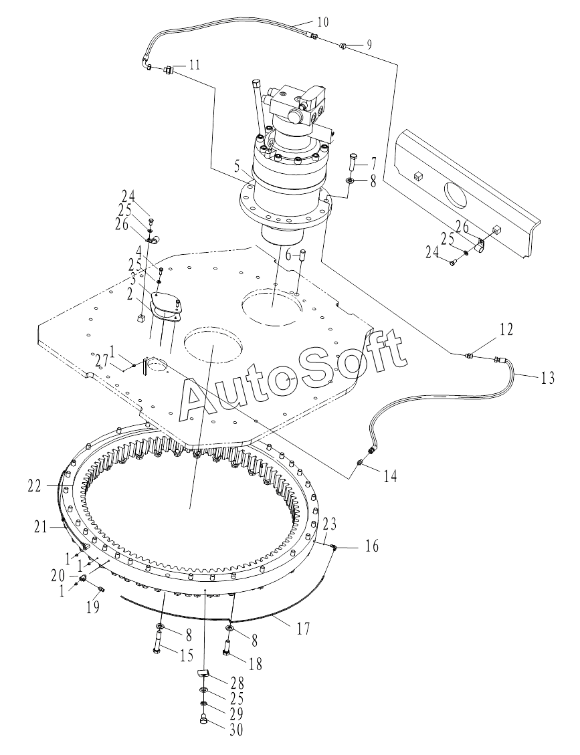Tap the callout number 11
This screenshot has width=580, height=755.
click(195, 65)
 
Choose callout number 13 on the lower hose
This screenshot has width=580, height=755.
click(548, 379)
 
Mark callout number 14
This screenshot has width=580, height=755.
click(390, 476)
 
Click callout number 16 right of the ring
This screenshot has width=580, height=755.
click(372, 547)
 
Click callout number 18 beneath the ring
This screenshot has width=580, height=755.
click(255, 663)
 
